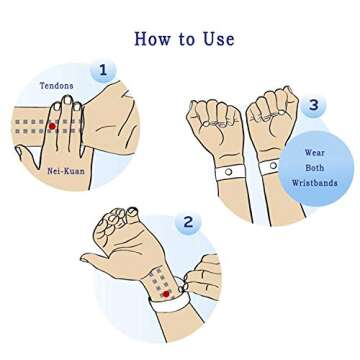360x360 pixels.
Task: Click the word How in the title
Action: (x=152, y=39)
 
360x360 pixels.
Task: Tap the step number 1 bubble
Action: (x=103, y=70)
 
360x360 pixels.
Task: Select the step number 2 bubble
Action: (x=188, y=222)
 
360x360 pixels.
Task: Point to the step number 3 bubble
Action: (x=313, y=105)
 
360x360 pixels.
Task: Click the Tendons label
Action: (x=57, y=86)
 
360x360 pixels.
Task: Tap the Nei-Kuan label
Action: (x=66, y=171)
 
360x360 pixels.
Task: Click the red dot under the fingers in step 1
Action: (x=52, y=126)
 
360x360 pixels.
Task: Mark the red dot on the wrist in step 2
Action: (x=166, y=294)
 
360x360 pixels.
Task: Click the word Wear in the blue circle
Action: (x=315, y=153)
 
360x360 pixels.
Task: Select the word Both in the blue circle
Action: (x=315, y=168)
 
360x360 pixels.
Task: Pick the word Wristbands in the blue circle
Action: (x=315, y=183)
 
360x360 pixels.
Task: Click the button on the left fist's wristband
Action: (x=229, y=172)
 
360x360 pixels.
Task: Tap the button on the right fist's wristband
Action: (x=273, y=165)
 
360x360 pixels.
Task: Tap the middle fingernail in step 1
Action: (x=68, y=100)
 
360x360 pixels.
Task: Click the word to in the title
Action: (x=186, y=40)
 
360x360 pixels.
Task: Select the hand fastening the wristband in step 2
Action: (x=203, y=276)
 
